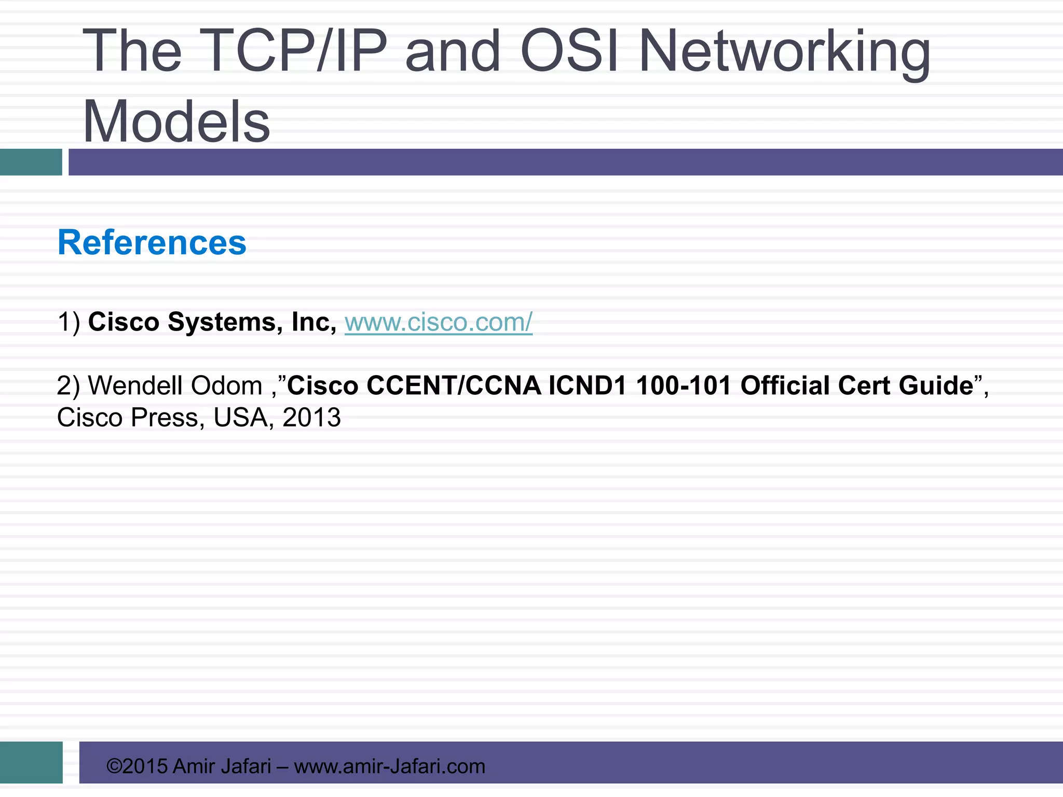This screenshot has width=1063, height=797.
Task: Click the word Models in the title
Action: [176, 122]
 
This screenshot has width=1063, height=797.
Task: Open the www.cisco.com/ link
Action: [438, 322]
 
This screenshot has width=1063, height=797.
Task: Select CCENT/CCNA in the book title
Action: [454, 386]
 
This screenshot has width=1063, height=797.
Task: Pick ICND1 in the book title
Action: [588, 386]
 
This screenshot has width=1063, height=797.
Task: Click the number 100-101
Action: [684, 386]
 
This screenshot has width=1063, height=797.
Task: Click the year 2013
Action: [311, 418]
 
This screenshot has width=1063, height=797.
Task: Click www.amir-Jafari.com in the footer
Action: [389, 766]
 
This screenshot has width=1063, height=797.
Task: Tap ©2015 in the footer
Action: [137, 766]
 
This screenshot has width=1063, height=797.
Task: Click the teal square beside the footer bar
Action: [31, 762]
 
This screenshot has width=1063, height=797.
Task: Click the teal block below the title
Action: [31, 162]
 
